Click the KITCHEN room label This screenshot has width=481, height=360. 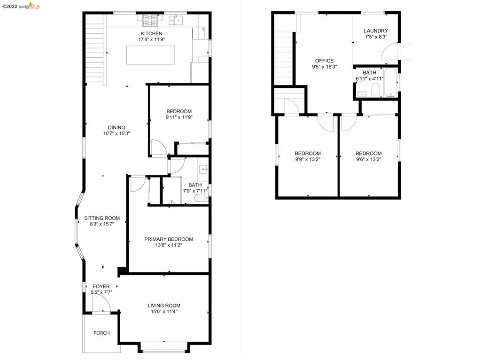click(151, 33)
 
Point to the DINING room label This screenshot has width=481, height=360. click(116, 127)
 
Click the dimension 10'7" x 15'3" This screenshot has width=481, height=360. click(116, 133)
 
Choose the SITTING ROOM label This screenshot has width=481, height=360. click(102, 218)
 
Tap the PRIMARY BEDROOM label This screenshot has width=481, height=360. click(168, 239)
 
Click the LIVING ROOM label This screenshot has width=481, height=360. click(164, 305)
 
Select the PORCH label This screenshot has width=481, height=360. click(101, 333)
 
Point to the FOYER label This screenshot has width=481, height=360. click(101, 286)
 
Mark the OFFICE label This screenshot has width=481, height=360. click(324, 61)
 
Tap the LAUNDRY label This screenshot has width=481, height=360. click(376, 31)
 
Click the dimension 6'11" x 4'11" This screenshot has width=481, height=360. click(370, 79)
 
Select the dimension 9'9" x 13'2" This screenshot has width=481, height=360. click(308, 160)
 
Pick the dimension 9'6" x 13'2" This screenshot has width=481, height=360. click(368, 160)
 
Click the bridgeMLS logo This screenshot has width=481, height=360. click(24, 6)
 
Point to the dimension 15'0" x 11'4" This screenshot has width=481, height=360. click(164, 311)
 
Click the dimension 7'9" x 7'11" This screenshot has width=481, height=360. click(195, 191)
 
